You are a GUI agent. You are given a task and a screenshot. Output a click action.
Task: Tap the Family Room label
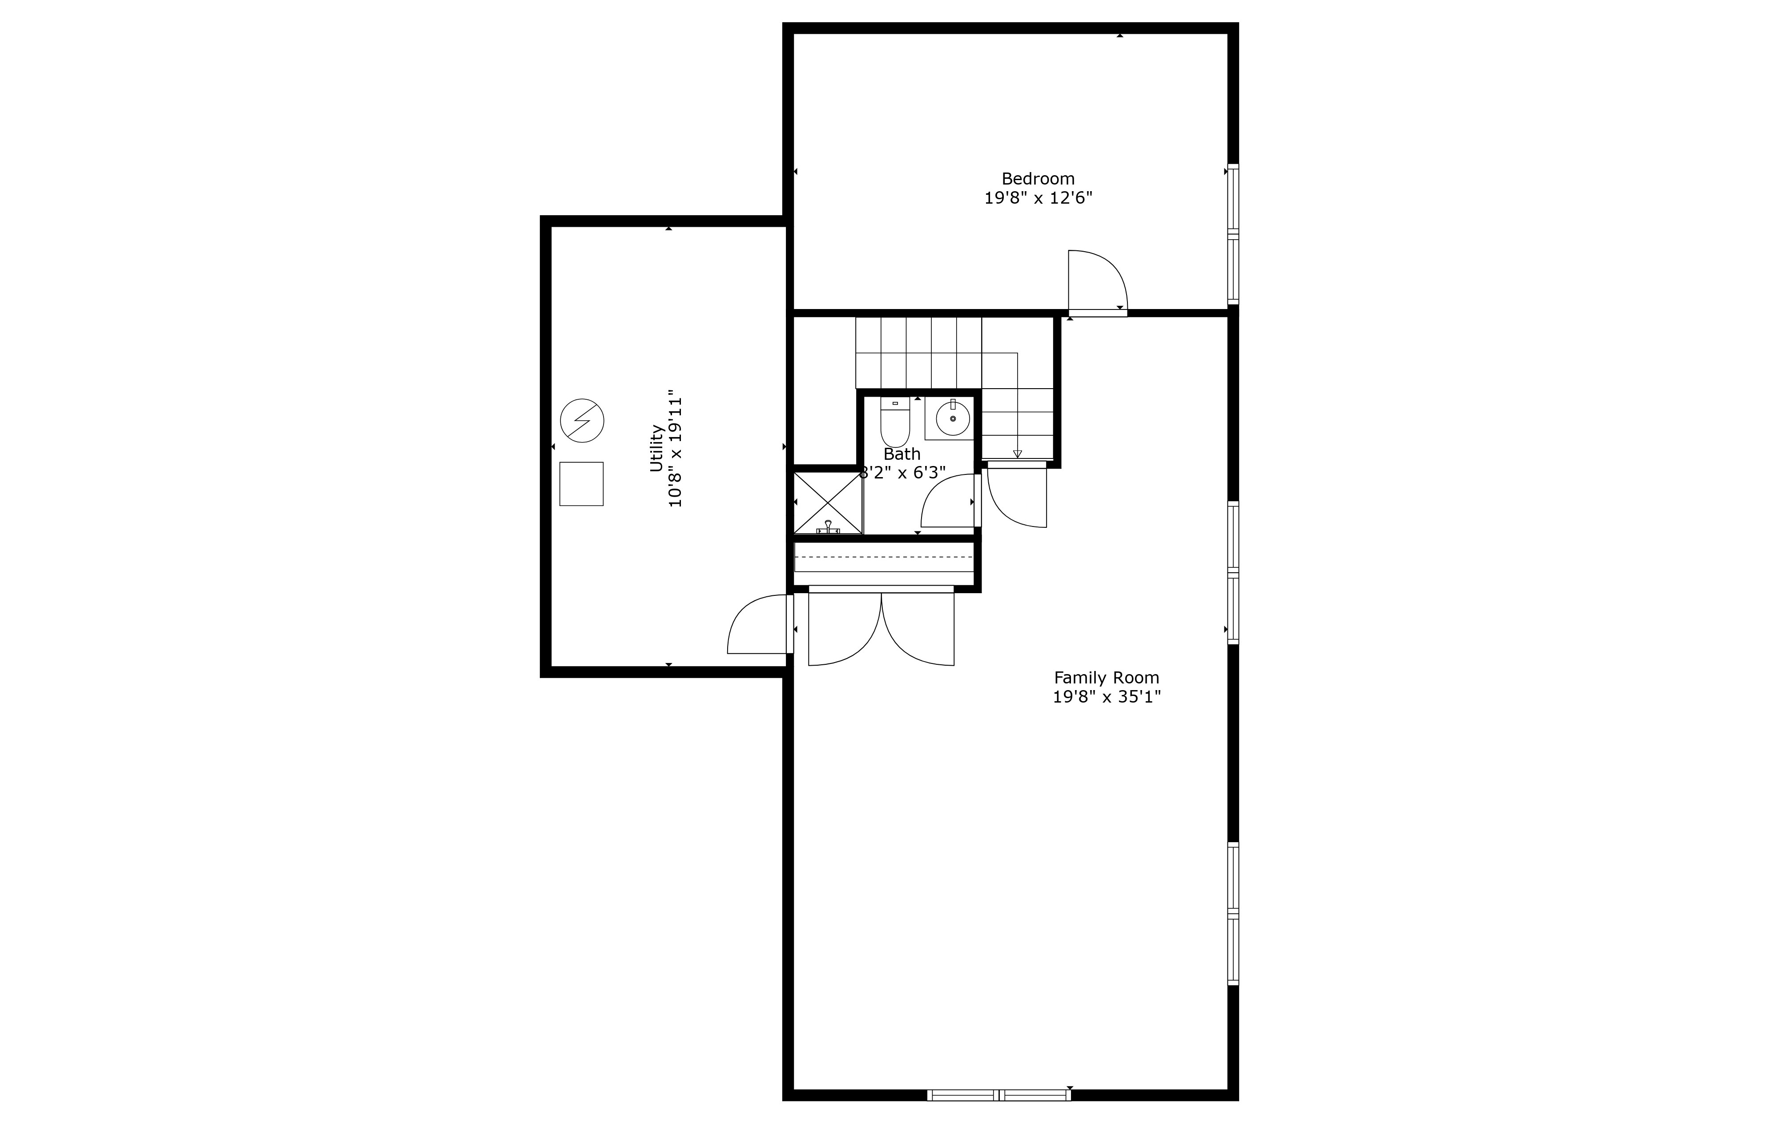point(1106,677)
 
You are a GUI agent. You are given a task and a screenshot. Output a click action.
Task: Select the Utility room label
point(656,447)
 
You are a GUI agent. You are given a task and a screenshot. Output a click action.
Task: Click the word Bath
point(902,454)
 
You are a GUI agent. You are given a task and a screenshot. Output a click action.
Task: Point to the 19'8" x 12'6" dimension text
point(1038,199)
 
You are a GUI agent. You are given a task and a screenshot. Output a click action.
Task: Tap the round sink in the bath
point(952,418)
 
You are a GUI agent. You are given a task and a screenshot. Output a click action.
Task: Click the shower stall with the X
point(828,502)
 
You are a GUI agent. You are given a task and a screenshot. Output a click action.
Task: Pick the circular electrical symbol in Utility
point(582,421)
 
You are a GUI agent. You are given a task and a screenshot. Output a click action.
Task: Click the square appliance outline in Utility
point(581,484)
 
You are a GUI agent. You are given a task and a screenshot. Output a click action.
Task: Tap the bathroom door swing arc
point(948,502)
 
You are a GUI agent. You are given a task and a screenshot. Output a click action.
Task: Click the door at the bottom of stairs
point(1017,496)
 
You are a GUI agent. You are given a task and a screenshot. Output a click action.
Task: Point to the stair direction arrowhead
point(1017,454)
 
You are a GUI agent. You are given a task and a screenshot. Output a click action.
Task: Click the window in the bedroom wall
point(1233,233)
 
